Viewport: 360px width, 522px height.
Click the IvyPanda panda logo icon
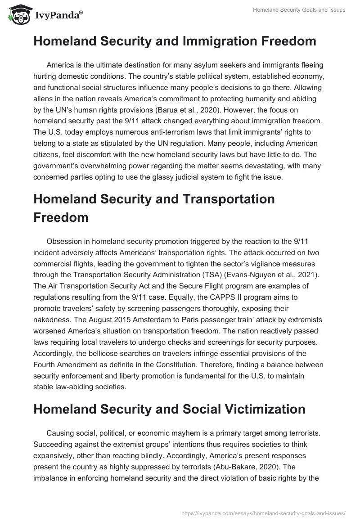click(x=18, y=15)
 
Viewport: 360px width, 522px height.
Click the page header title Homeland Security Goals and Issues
click(x=300, y=10)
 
